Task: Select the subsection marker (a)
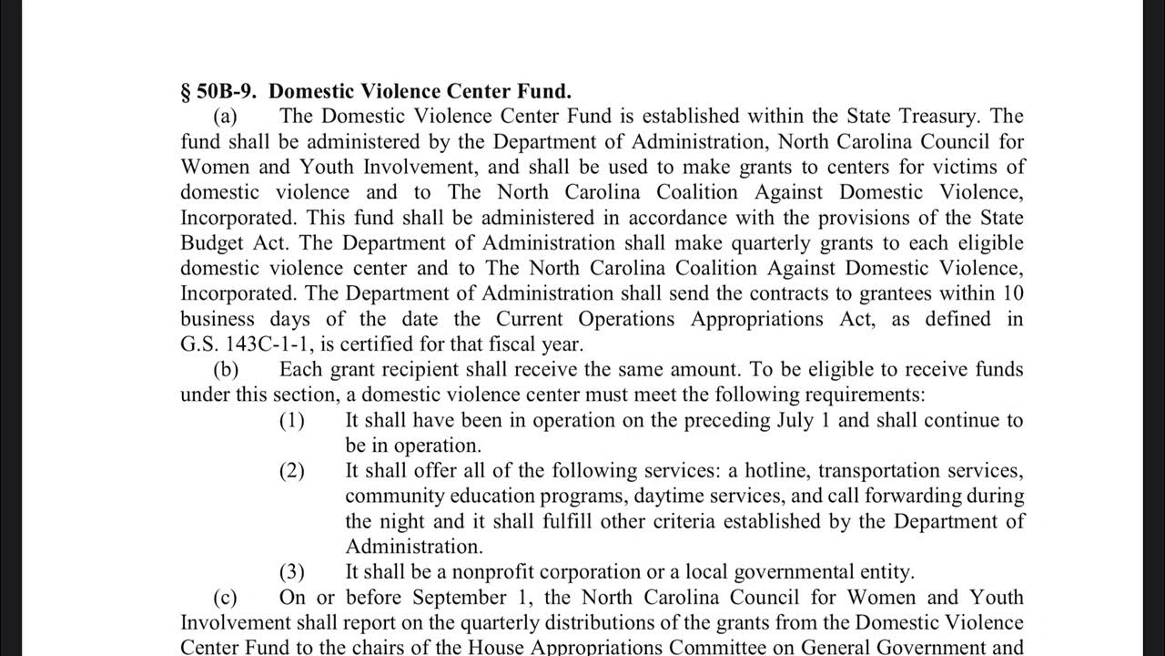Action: point(225,116)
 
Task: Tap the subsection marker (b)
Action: point(225,369)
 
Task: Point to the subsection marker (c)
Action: point(225,597)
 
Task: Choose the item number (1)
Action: point(291,420)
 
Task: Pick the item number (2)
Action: point(291,471)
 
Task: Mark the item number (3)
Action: point(291,572)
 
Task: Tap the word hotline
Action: point(774,471)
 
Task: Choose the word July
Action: point(795,420)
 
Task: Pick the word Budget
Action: point(212,243)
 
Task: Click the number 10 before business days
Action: point(1013,293)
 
